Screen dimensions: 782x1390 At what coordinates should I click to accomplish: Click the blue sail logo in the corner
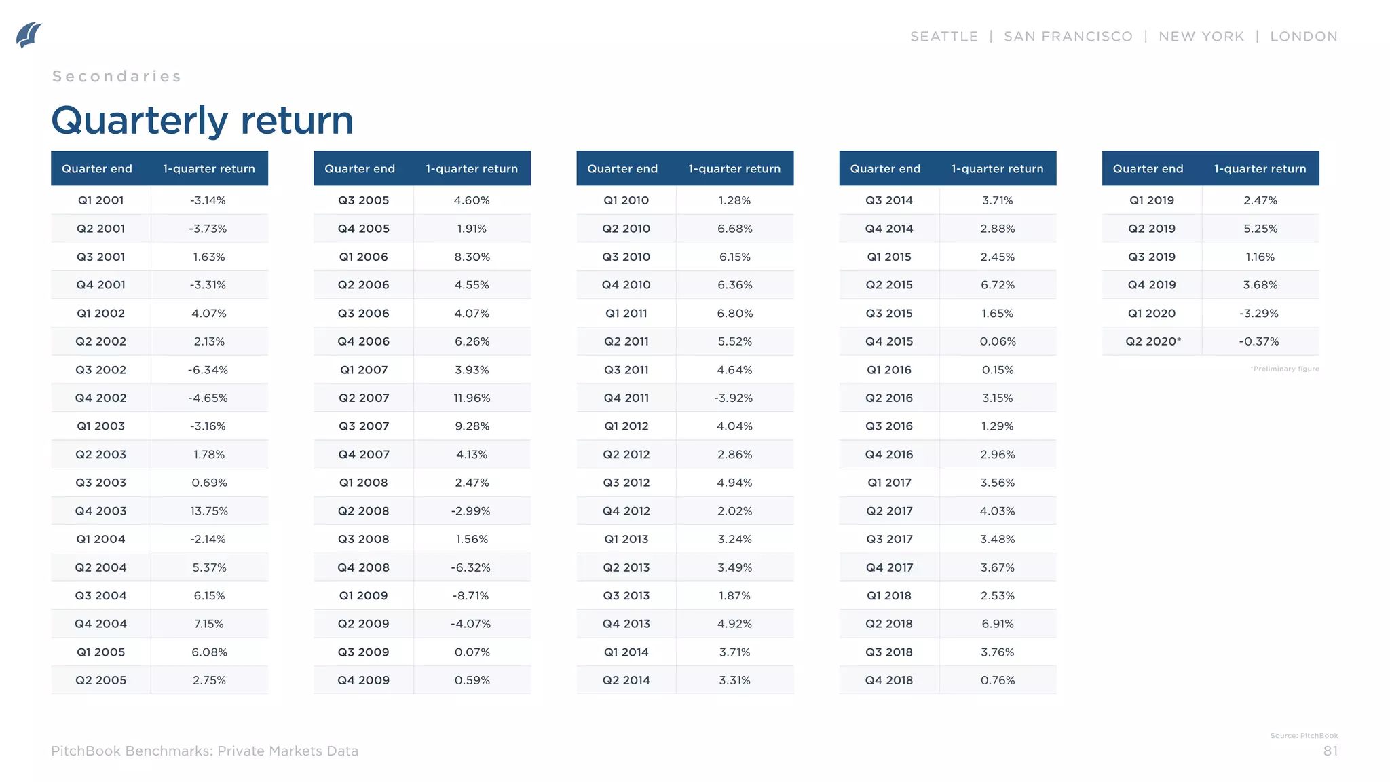click(29, 35)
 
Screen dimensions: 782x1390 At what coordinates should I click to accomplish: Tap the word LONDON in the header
click(1303, 37)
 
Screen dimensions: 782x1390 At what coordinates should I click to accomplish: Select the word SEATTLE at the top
click(943, 37)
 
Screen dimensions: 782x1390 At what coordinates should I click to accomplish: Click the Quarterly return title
click(202, 120)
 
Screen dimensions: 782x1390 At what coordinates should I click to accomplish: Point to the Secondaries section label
click(117, 77)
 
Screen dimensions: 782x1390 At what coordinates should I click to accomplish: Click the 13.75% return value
click(209, 511)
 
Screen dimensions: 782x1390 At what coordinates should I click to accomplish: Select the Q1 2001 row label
click(100, 200)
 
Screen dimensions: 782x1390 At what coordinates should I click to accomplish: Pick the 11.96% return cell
click(472, 398)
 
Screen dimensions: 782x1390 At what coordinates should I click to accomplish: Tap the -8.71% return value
click(470, 596)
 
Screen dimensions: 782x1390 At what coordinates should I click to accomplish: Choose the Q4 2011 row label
click(626, 398)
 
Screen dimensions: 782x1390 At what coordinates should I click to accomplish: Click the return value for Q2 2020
click(1259, 341)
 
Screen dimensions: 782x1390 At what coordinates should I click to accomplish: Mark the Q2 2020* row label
click(1152, 341)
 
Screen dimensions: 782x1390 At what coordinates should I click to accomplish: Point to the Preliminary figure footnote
click(1284, 369)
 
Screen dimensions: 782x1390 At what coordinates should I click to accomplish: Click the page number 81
click(1330, 751)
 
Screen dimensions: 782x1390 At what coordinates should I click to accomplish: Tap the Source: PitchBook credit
click(1304, 736)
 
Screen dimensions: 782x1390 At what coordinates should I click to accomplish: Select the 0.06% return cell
click(997, 341)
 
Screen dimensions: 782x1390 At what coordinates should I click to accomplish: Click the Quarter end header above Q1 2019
click(1148, 169)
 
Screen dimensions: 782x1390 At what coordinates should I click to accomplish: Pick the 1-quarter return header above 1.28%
click(734, 169)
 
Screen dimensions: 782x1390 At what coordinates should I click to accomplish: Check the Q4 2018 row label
click(888, 680)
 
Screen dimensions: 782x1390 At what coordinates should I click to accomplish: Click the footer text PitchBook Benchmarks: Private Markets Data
click(204, 751)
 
